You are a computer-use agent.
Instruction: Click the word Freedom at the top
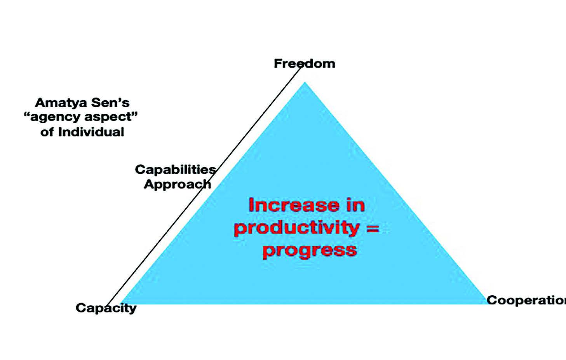[305, 63]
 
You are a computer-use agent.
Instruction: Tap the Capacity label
[106, 308]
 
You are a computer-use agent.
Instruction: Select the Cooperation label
[526, 301]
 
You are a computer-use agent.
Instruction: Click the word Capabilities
[176, 170]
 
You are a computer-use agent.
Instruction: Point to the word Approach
[178, 184]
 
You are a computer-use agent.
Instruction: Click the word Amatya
[61, 103]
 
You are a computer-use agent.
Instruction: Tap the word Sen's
[110, 103]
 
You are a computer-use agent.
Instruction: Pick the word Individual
[91, 132]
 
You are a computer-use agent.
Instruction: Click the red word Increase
[294, 205]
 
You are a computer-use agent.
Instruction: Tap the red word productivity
[297, 228]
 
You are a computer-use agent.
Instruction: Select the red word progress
[310, 251]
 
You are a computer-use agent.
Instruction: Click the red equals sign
[373, 229]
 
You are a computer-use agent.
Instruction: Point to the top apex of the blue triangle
[305, 82]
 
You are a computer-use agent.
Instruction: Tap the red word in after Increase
[355, 205]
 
